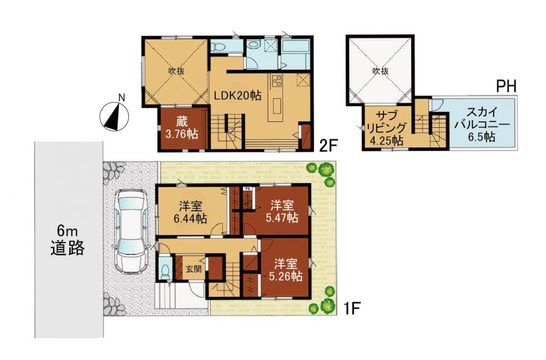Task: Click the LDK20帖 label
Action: [x=238, y=96]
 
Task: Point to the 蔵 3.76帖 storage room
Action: [x=182, y=128]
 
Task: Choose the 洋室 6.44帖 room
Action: [x=191, y=212]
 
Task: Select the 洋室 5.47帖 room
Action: [x=282, y=211]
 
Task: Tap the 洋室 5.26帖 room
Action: [x=285, y=269]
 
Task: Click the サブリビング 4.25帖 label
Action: [x=387, y=128]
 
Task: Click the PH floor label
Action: [x=506, y=86]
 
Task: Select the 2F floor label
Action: [x=329, y=145]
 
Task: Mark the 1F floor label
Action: [x=351, y=309]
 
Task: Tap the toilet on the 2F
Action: [x=219, y=46]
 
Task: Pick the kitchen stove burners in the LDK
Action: [x=277, y=81]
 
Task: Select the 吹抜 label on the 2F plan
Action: [x=176, y=71]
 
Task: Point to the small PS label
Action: [x=247, y=188]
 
